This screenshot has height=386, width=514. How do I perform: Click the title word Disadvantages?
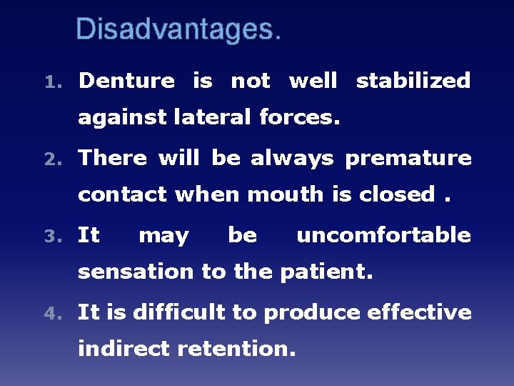[x=178, y=29]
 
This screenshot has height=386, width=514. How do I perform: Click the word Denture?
[x=126, y=81]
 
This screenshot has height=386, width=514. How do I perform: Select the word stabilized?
[x=413, y=81]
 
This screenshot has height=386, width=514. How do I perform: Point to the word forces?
[x=300, y=117]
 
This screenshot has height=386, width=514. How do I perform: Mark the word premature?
[x=408, y=159]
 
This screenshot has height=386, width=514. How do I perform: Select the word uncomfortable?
[x=383, y=235]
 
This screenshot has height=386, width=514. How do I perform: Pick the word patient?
[x=327, y=272]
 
